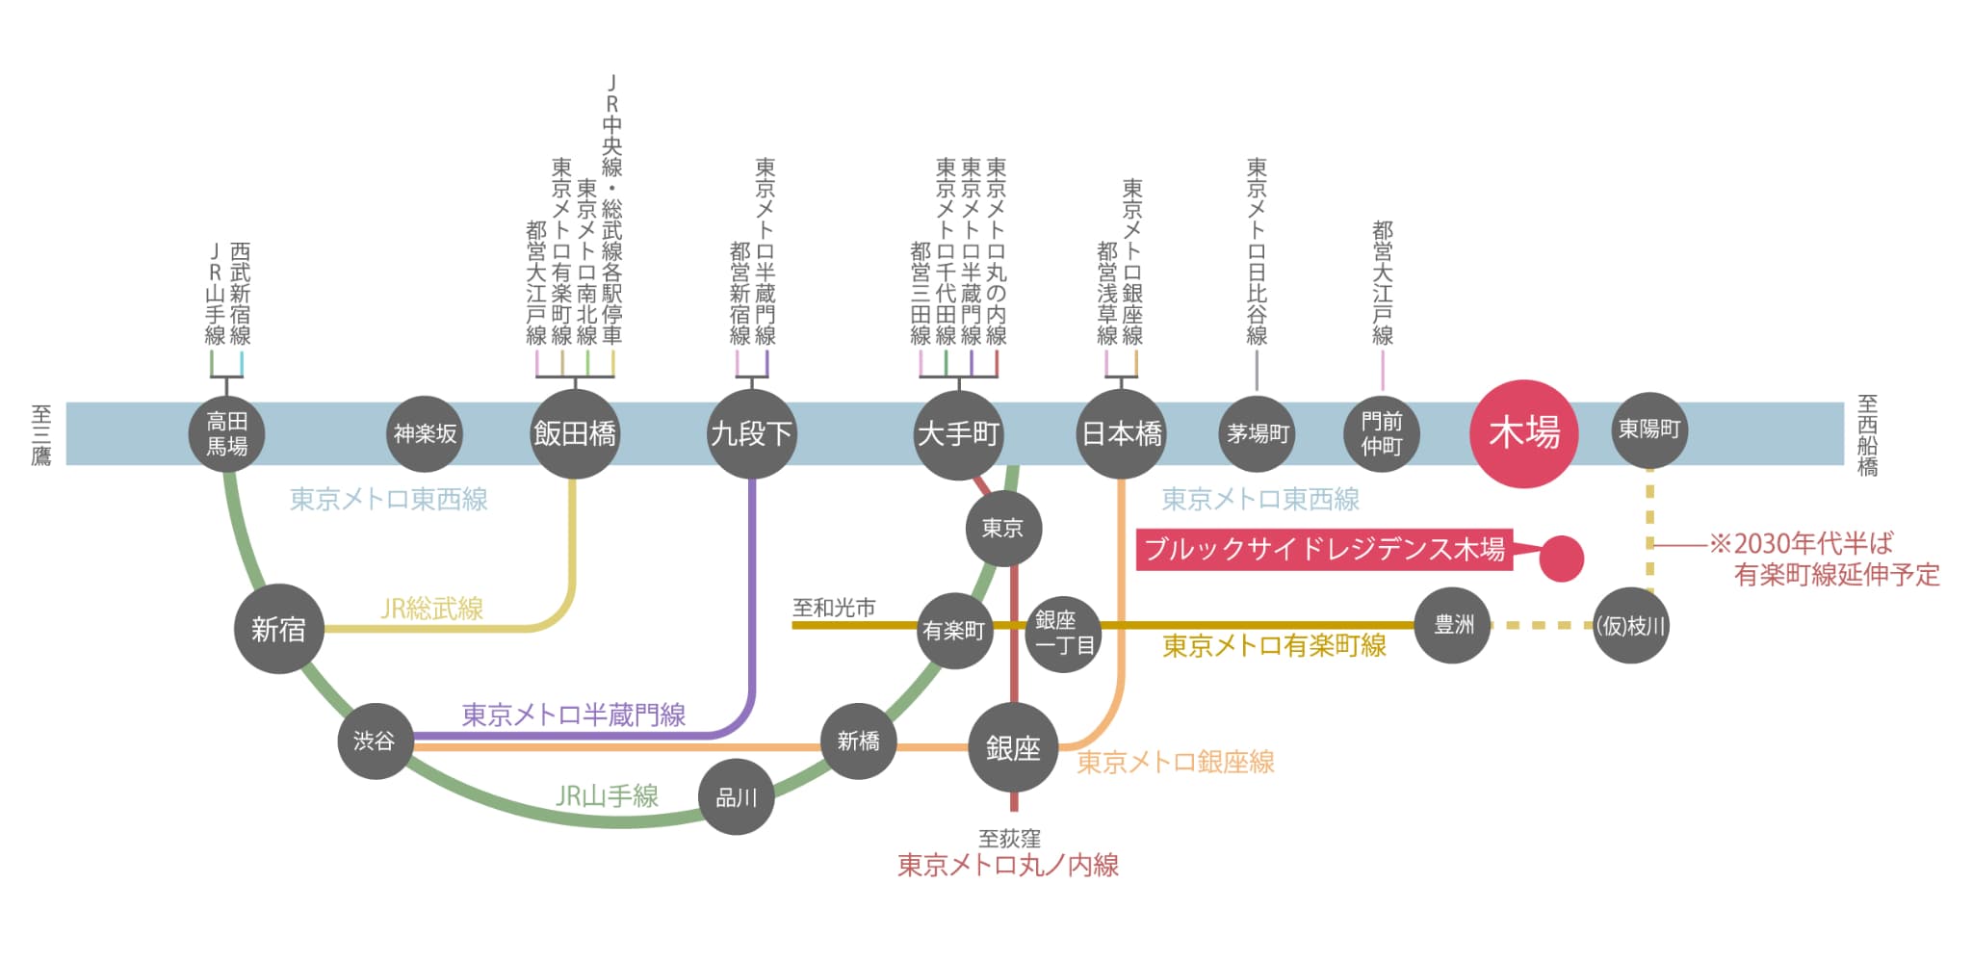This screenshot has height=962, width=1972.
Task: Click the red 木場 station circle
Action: [1523, 433]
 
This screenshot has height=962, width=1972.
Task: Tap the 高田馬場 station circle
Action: [226, 433]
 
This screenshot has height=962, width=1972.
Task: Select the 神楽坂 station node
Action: [425, 433]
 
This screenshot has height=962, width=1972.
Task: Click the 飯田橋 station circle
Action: [575, 433]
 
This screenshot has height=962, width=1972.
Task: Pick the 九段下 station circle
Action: [751, 433]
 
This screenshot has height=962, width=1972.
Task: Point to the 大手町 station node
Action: [958, 433]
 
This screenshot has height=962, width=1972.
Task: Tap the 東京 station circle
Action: [1003, 528]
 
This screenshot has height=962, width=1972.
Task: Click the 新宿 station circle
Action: [278, 629]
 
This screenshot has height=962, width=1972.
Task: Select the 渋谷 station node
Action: [375, 741]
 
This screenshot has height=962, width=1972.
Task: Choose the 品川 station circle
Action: [736, 796]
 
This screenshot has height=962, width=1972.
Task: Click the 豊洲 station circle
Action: [1452, 625]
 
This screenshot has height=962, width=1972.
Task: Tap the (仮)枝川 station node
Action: [1630, 626]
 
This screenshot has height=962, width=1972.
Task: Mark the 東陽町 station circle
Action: [1648, 429]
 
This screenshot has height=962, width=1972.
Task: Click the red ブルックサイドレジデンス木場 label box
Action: [1324, 549]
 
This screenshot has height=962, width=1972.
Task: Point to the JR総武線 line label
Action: [432, 608]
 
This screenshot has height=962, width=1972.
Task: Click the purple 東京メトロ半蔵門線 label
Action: [574, 715]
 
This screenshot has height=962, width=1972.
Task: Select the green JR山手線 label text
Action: [607, 795]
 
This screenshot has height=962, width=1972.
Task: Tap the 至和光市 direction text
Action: [834, 608]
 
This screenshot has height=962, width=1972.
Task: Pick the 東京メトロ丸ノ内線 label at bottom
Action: [1007, 865]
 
